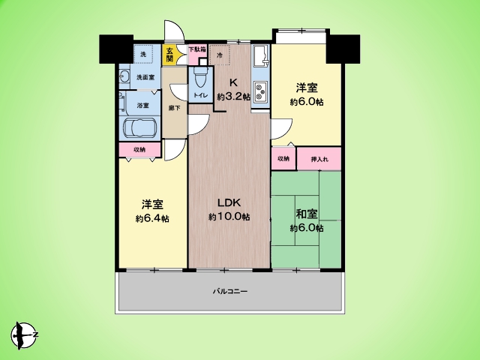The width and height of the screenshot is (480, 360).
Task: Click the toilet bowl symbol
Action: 200,80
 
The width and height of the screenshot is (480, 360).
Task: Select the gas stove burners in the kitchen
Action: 260,94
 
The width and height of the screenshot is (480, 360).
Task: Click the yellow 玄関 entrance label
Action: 169,55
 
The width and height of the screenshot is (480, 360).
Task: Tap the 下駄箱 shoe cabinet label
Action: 196,50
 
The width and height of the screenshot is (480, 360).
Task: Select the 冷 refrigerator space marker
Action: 220,55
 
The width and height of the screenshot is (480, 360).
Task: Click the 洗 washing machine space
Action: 143,53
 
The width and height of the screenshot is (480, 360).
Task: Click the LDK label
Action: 229,202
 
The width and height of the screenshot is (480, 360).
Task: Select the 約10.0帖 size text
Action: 229,217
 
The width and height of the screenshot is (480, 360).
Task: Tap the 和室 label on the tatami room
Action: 307,212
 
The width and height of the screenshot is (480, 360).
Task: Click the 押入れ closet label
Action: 319,159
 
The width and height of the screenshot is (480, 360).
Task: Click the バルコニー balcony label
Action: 229,289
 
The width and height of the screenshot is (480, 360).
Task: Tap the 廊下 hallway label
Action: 173,107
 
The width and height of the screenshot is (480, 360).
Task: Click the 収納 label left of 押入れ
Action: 283,159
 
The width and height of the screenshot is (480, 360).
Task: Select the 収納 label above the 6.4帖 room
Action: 139,150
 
